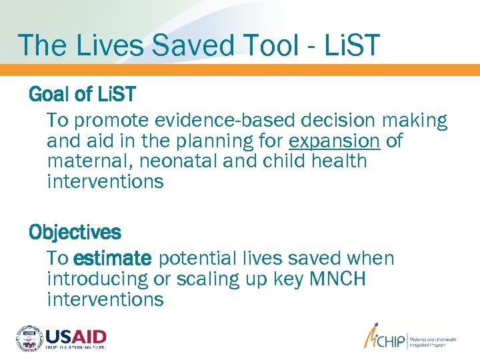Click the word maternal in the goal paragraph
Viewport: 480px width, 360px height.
[x=85, y=161]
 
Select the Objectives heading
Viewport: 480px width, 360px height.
[x=75, y=233]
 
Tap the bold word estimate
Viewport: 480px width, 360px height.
[x=113, y=259]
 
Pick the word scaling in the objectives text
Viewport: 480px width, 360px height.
[x=213, y=279]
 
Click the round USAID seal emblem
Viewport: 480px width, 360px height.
[x=29, y=338]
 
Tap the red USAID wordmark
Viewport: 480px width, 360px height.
[x=75, y=335]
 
